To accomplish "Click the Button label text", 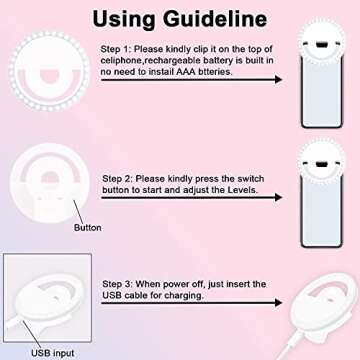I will point(89,227).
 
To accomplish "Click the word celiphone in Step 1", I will point(126,60).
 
